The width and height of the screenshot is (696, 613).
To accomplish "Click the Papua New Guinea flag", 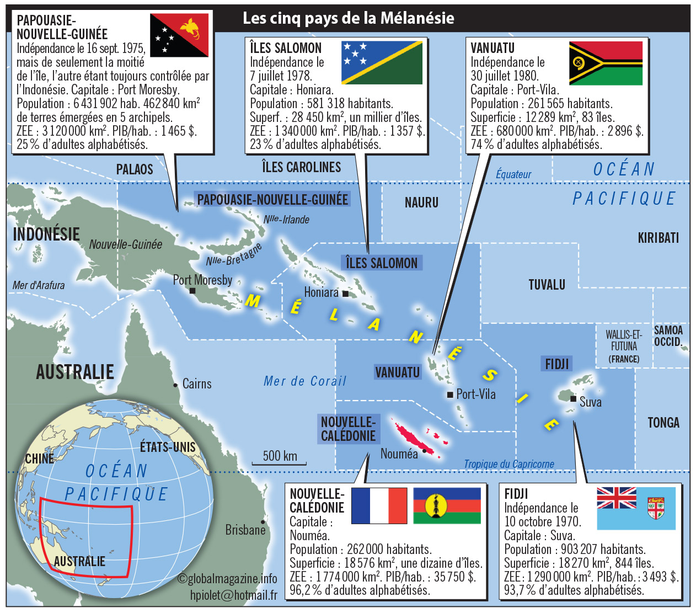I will point(179,35).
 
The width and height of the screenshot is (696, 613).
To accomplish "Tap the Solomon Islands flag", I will point(382,62).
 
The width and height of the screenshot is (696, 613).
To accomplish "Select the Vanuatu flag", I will point(606,63).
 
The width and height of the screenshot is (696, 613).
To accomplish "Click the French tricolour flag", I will point(378,505).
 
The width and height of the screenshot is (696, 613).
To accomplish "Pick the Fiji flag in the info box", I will point(636,508).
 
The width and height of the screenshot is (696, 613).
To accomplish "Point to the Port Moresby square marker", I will point(192,291).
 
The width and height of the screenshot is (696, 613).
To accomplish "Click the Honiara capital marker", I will point(345,294).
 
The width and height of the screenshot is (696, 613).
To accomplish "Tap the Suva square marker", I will point(574,398).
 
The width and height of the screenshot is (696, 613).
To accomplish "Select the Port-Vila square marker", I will point(450,394).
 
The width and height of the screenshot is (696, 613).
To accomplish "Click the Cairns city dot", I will point(175,385).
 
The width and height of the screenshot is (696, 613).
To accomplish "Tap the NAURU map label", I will point(421,202).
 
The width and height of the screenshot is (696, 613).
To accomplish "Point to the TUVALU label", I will point(547,285).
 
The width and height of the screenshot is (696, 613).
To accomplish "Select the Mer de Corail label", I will point(304,381).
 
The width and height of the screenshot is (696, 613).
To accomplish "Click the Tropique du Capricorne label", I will point(508,464).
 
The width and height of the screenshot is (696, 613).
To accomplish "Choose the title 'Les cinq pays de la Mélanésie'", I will point(348,18).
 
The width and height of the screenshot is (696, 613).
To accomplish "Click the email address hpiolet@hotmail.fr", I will point(233,595).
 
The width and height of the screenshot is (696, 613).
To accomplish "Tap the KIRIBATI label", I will point(658,238).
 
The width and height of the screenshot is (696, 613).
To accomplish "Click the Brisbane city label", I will point(245,530).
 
